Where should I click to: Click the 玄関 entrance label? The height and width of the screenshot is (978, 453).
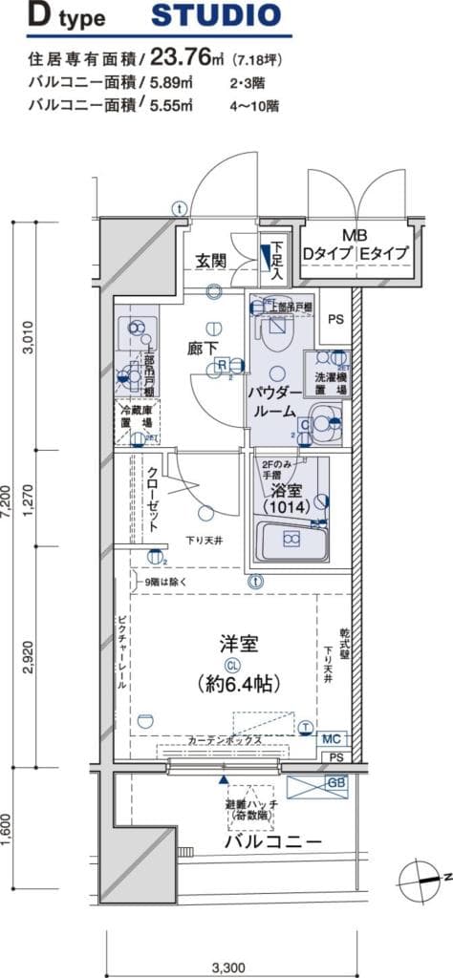pyautogui.click(x=211, y=260)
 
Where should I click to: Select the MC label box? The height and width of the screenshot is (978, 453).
pyautogui.click(x=332, y=739)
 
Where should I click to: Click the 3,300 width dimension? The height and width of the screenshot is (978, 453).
pyautogui.click(x=227, y=966)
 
